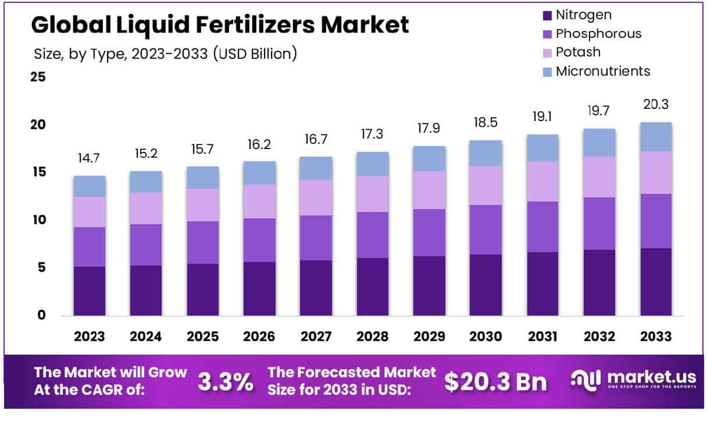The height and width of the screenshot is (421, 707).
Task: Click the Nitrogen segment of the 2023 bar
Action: (89, 291)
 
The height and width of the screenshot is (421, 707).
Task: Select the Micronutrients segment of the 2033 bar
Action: (655, 137)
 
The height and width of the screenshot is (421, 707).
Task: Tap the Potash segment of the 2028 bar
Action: (372, 194)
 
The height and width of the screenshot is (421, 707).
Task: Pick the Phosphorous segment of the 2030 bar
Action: (485, 229)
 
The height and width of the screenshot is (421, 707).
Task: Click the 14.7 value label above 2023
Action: (89, 158)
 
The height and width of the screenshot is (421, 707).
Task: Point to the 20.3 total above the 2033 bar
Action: (655, 105)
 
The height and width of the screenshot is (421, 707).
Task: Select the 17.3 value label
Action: (372, 135)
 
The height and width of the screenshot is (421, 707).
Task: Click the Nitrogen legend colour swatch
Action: (546, 15)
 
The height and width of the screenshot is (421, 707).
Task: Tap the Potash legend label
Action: (578, 52)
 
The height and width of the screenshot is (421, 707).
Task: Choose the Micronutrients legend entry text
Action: (603, 71)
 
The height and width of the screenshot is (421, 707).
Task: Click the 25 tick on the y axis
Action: (38, 77)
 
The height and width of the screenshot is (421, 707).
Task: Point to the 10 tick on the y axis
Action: (38, 220)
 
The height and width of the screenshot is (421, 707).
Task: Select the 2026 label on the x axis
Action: (259, 337)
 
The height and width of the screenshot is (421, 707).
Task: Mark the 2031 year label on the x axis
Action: (542, 337)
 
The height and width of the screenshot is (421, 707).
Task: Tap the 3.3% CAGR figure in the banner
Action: (226, 382)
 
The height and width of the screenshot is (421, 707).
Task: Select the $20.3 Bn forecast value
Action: (496, 382)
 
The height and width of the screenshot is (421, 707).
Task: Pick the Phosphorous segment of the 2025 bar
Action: (202, 242)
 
